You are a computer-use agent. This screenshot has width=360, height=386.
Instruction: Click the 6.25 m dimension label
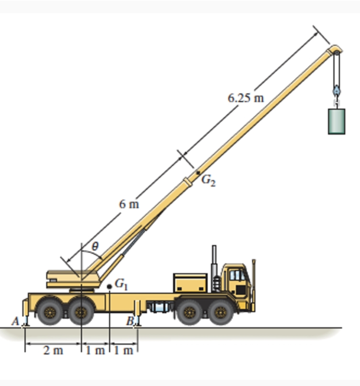[x=246, y=98]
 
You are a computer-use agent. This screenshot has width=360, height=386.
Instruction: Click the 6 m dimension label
[x=129, y=204]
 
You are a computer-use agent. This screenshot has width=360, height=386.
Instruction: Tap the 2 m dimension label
[x=53, y=350]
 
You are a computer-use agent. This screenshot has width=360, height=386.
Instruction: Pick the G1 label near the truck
[x=121, y=284]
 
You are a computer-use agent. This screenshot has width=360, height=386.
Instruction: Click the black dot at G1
[x=110, y=287]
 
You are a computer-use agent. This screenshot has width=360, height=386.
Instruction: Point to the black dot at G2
[x=198, y=173]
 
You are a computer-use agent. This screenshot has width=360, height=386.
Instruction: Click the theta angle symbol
[x=95, y=246]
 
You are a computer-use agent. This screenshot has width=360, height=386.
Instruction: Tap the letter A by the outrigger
[x=16, y=321]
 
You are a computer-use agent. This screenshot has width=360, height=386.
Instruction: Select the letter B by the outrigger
[x=130, y=321]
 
